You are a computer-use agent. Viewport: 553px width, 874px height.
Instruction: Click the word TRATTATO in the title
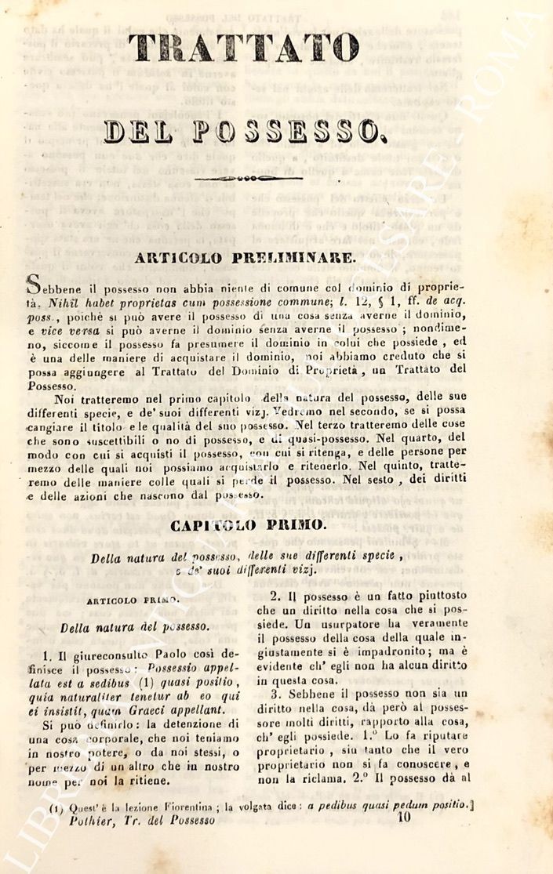pyautogui.click(x=244, y=48)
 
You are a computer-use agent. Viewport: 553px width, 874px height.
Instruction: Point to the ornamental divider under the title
pyautogui.click(x=249, y=179)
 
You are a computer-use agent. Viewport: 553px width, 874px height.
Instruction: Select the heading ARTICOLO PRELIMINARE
pyautogui.click(x=244, y=257)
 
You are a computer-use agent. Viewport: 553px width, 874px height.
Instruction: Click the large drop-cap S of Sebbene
pyautogui.click(x=34, y=284)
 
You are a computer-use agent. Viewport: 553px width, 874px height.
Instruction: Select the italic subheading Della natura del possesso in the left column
pyautogui.click(x=134, y=626)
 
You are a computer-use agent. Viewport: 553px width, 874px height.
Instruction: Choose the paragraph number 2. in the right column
pyautogui.click(x=275, y=596)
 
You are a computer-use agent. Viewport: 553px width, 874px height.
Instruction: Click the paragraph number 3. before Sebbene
pyautogui.click(x=275, y=694)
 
